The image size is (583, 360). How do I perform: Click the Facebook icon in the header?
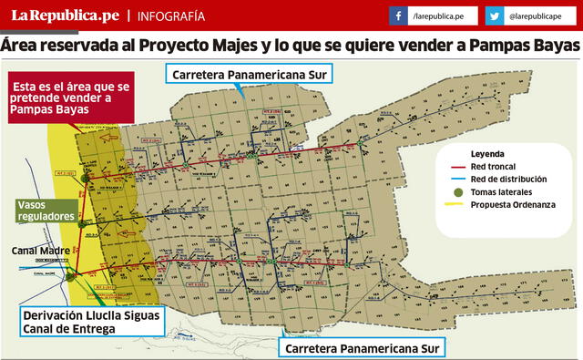(x=398, y=16)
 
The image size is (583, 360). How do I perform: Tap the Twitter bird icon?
(x=495, y=16)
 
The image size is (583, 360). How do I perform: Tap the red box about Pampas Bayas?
(x=69, y=97)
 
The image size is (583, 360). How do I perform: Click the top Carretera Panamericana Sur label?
(x=248, y=73)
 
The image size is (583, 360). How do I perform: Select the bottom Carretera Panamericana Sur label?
(x=363, y=348)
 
